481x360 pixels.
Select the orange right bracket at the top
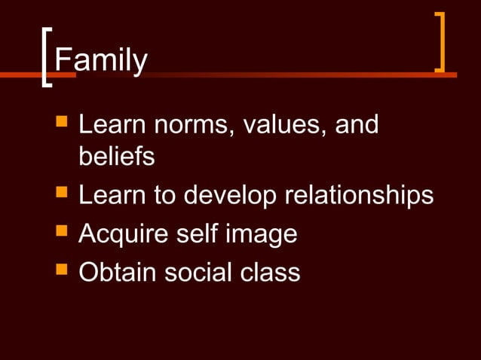pyautogui.click(x=440, y=43)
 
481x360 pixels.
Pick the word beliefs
pyautogui.click(x=116, y=157)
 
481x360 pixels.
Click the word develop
pyautogui.click(x=228, y=197)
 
